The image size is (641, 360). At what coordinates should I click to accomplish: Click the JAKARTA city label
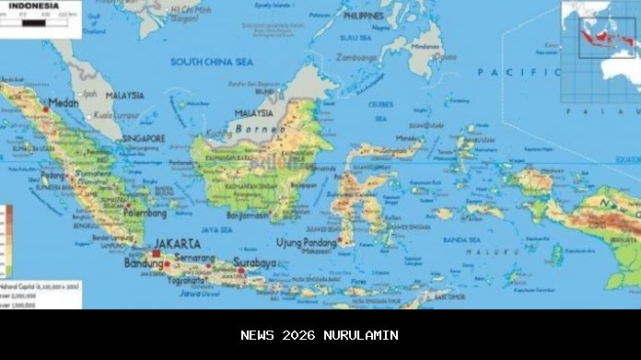(x=176, y=244)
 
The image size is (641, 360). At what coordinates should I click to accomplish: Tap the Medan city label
(x=64, y=102)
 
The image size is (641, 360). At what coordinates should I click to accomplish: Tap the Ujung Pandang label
(x=307, y=242)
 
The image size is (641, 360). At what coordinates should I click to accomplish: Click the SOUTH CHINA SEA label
(x=211, y=62)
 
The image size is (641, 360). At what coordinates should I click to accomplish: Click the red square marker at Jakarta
(x=156, y=253)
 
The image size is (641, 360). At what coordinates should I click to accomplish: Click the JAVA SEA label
(x=216, y=228)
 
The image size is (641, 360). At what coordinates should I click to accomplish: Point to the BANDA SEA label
(x=460, y=239)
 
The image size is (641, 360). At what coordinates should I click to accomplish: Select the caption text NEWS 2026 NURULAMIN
(x=320, y=335)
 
